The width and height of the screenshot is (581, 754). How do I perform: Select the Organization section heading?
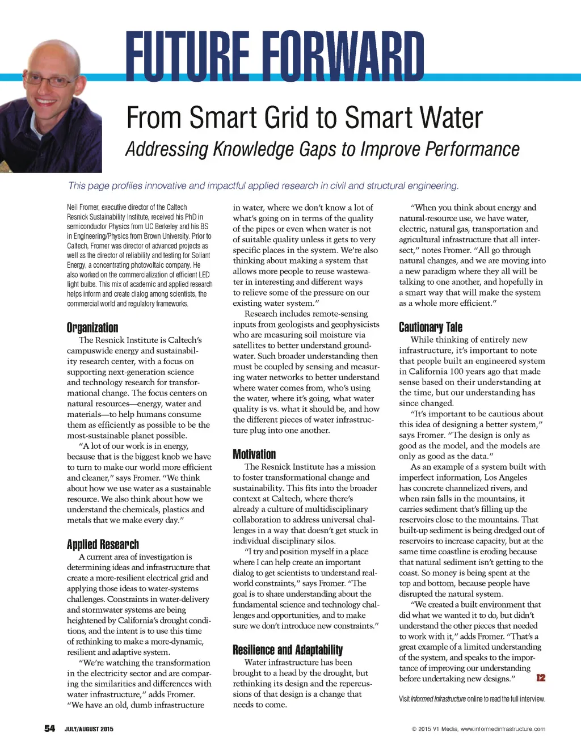(x=92, y=327)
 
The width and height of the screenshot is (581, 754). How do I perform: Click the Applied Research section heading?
(x=103, y=545)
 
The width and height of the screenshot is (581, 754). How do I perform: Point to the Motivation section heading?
(x=254, y=454)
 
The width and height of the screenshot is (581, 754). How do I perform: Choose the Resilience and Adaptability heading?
(x=288, y=650)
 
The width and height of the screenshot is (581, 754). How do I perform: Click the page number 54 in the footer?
(x=50, y=728)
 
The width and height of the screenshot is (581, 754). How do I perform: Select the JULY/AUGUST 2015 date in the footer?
(x=89, y=729)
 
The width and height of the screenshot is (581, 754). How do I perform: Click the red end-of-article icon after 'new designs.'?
(x=541, y=678)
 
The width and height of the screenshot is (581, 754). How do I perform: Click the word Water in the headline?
(x=451, y=118)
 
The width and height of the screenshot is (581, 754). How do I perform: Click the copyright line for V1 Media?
(x=478, y=729)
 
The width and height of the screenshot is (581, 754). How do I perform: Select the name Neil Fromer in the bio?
(x=82, y=208)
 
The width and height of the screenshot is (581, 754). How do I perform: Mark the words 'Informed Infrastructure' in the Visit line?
(x=438, y=699)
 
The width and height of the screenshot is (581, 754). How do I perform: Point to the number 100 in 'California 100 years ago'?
(x=457, y=372)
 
